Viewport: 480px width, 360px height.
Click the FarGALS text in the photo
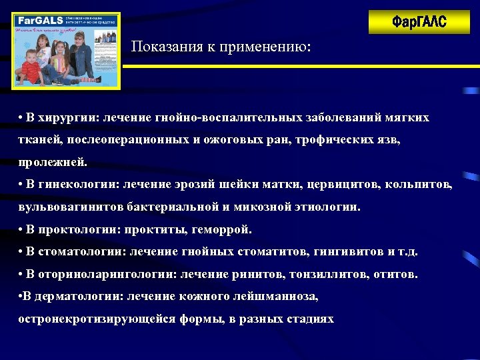pyautogui.click(x=35, y=20)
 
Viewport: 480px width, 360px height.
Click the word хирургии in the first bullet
pyautogui.click(x=67, y=117)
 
